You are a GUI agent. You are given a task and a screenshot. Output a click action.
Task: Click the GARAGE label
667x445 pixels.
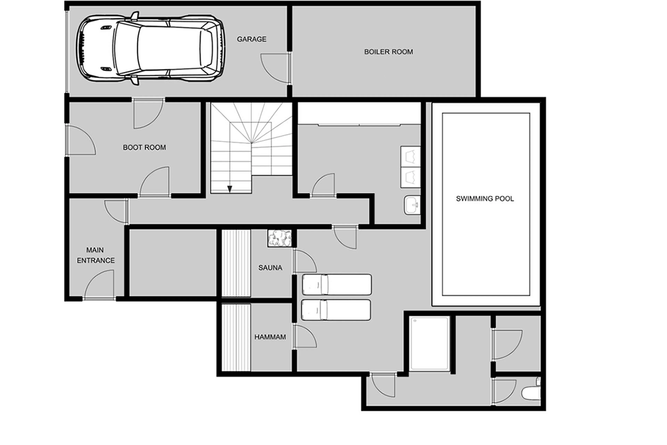click(x=252, y=39)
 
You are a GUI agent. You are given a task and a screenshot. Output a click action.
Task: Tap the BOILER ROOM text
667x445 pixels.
click(x=388, y=52)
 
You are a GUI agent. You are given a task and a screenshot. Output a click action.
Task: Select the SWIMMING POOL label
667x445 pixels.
click(x=485, y=199)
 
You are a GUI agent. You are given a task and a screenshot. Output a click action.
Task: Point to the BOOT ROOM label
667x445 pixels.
click(x=144, y=148)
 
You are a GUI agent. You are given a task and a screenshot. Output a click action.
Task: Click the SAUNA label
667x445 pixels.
click(x=270, y=268)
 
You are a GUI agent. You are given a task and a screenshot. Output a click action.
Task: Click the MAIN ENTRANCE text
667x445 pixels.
click(x=96, y=255)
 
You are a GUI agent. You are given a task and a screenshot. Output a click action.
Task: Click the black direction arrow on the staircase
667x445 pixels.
click(x=230, y=189)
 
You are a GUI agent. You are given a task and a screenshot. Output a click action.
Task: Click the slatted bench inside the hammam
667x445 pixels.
click(x=236, y=337)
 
